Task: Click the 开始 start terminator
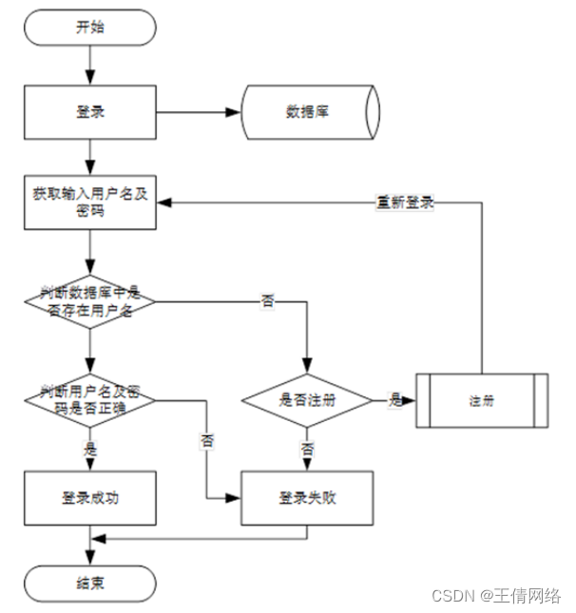coord(90,28)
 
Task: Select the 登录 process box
coord(90,112)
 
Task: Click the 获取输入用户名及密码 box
coord(90,202)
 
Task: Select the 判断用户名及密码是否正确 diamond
coord(90,400)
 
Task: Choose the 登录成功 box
coord(90,497)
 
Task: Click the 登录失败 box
coord(307,497)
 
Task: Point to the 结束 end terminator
coord(90,581)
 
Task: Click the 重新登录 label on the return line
coord(405,202)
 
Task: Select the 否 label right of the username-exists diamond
coord(268,302)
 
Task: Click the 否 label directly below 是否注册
coord(307,447)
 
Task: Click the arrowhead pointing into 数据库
coord(235,112)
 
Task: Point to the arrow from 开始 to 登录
coord(90,65)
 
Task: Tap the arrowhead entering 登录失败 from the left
coord(235,497)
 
